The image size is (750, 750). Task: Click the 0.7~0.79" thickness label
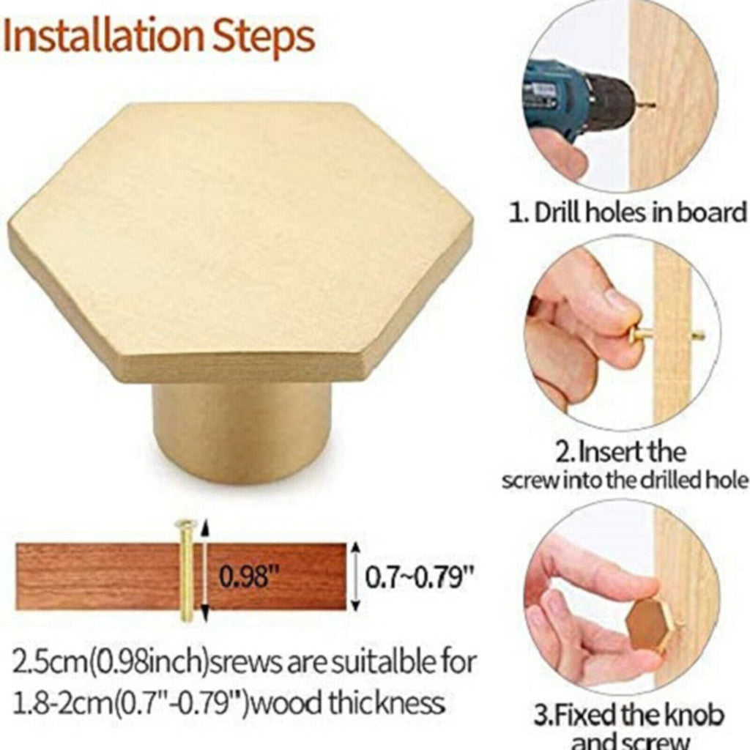click(420, 577)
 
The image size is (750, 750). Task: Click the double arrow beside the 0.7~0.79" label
click(355, 577)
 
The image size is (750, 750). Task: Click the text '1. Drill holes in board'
click(628, 212)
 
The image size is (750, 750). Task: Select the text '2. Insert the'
click(620, 452)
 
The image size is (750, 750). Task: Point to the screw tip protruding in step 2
click(698, 335)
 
